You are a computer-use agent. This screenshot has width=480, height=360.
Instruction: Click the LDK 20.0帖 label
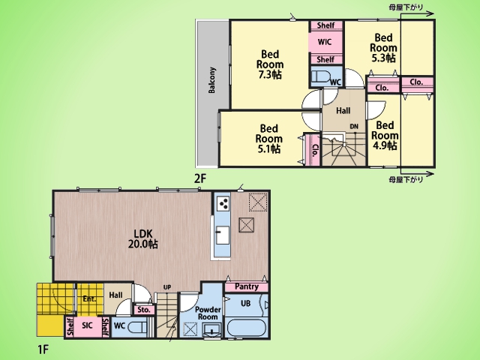143,238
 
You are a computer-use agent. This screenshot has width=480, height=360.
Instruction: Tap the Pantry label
247,286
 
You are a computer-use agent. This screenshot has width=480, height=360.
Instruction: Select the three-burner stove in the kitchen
223,203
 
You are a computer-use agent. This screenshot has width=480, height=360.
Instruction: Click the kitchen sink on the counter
223,235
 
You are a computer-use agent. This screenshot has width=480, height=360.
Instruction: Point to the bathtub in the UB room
247,328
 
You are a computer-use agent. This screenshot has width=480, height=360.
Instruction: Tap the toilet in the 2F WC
320,76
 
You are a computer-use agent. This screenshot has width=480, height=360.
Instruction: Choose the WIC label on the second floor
325,42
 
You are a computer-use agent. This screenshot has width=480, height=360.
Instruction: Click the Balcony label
211,80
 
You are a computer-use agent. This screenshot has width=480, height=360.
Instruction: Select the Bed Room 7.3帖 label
270,64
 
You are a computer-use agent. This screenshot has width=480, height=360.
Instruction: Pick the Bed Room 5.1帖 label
268,138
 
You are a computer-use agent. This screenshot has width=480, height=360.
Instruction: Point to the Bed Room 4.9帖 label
385,135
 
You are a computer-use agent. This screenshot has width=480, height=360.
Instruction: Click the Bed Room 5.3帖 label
383,48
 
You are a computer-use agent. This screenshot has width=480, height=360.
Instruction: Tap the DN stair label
354,127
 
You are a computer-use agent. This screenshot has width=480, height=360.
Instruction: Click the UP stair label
166,287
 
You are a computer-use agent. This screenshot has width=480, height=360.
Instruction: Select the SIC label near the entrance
87,325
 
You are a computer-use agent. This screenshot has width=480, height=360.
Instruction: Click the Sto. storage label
144,310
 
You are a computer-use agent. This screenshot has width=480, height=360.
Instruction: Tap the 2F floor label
200,178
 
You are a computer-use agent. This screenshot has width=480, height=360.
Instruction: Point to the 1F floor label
43,349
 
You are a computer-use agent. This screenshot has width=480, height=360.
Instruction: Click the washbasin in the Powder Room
211,331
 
